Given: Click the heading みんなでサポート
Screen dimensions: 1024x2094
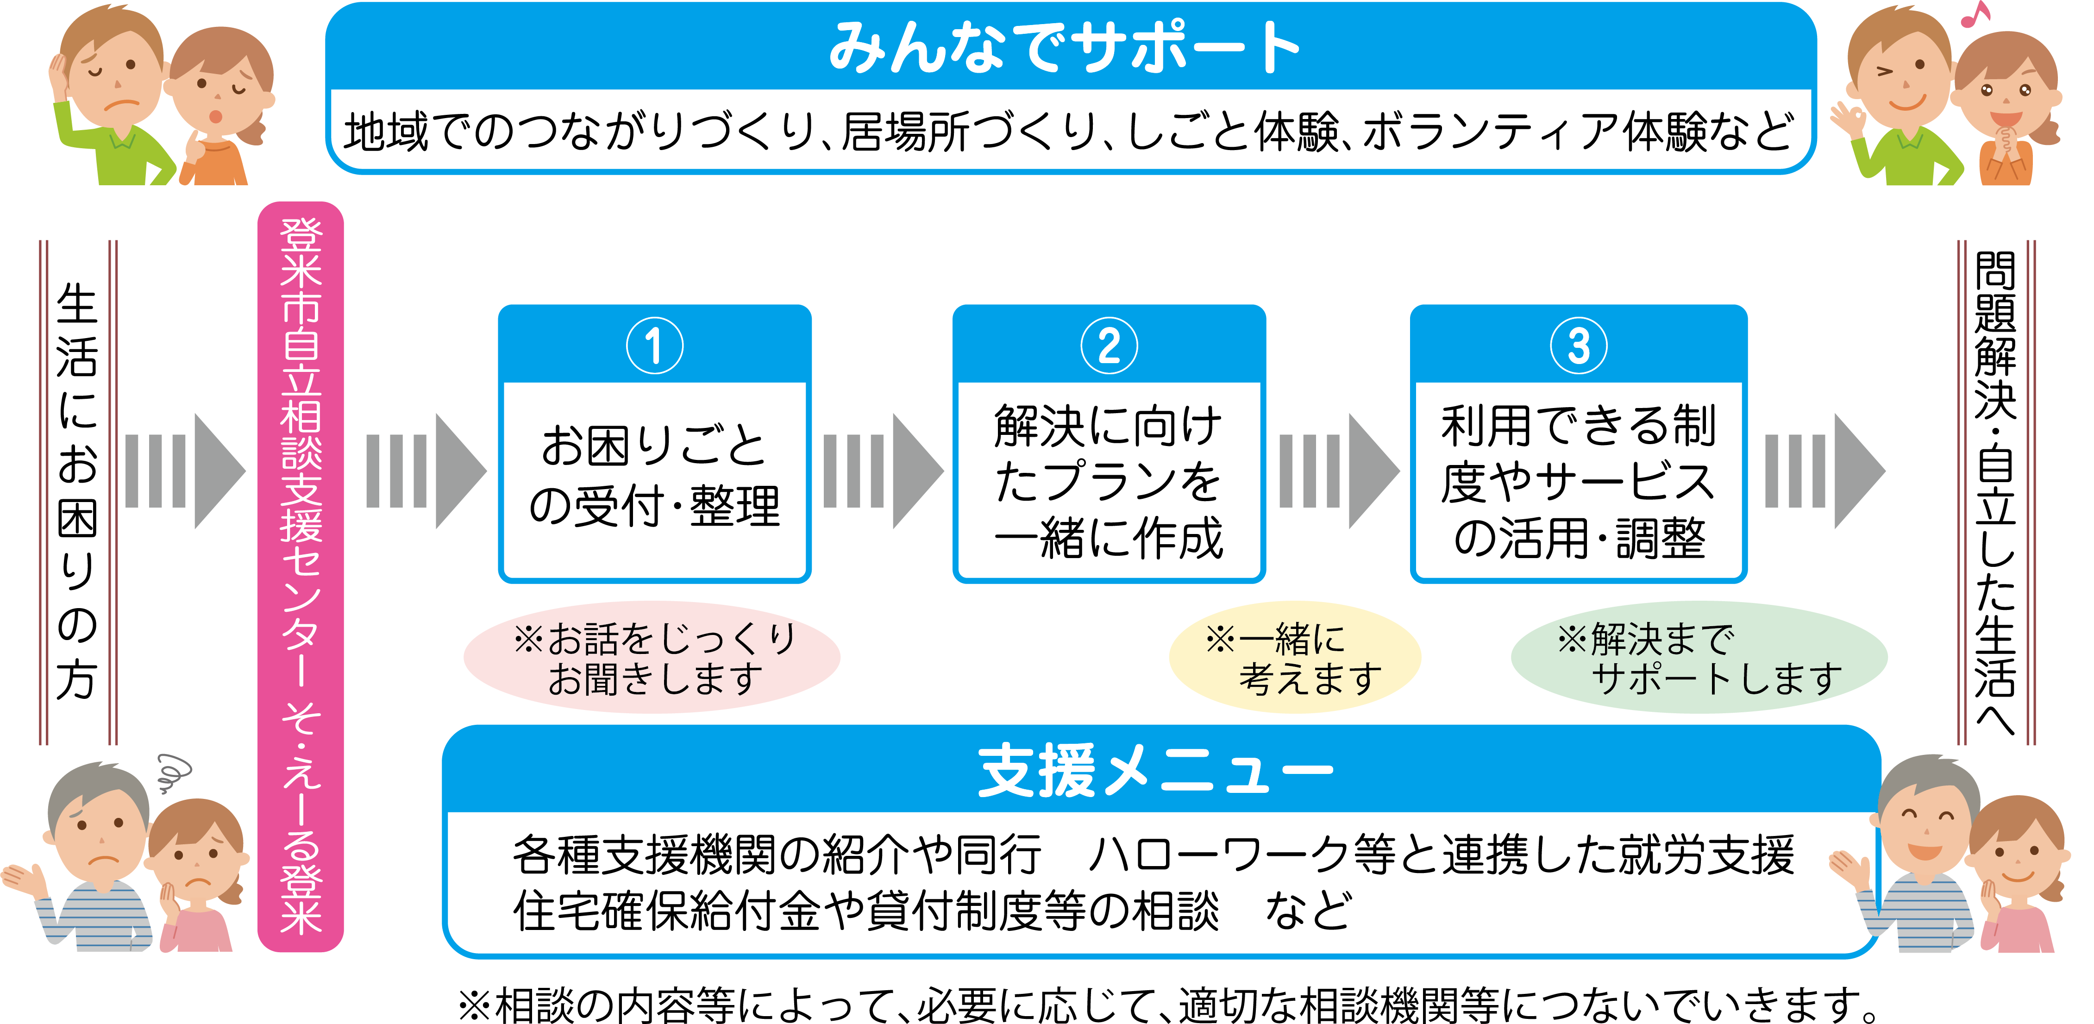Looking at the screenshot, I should pyautogui.click(x=1065, y=47).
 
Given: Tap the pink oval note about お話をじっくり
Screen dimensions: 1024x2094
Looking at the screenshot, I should pyautogui.click(x=652, y=658).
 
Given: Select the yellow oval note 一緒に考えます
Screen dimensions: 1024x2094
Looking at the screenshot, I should pyautogui.click(x=1294, y=658).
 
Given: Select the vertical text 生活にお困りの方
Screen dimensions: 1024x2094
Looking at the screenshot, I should pyautogui.click(x=77, y=492).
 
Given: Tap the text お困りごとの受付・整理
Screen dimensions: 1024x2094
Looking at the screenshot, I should pyautogui.click(x=654, y=476).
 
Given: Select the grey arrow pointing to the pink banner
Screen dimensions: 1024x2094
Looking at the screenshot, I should pyautogui.click(x=185, y=471).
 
